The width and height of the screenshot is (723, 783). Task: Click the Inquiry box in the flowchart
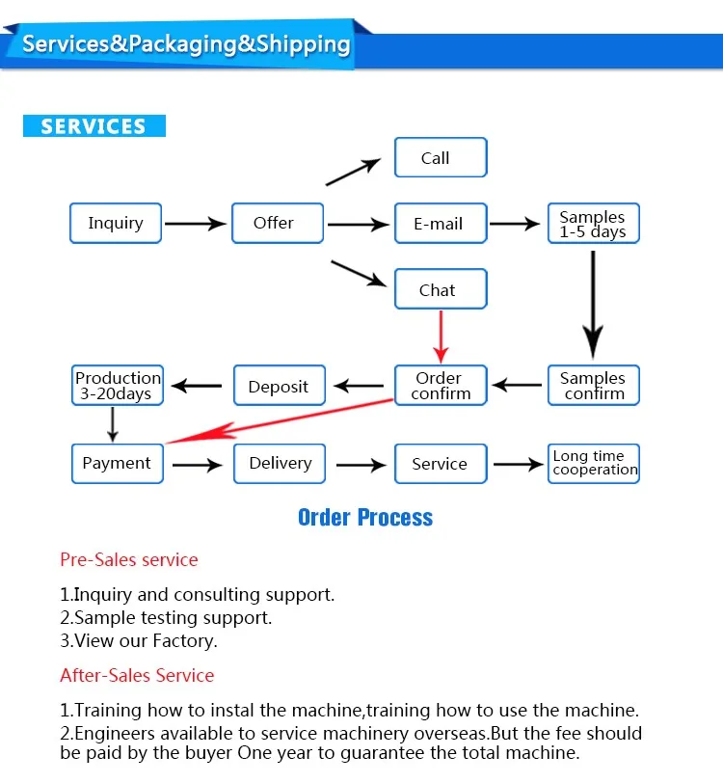[116, 223]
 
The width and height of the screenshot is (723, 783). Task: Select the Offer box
[278, 223]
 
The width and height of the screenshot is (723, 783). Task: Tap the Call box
[441, 157]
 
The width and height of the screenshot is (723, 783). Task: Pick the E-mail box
[441, 223]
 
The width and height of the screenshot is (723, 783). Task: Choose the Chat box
[441, 289]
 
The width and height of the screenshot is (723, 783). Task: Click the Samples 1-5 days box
[594, 223]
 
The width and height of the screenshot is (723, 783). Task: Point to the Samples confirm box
[594, 385]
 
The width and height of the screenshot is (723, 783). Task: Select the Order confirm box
[441, 385]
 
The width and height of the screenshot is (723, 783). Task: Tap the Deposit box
[280, 385]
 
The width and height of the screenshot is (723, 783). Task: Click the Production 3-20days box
[118, 385]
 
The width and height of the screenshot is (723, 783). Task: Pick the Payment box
[118, 464]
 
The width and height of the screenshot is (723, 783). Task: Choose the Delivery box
[280, 464]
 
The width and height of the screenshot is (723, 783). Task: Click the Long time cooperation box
[594, 464]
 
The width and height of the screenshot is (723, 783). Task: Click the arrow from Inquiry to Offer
[196, 224]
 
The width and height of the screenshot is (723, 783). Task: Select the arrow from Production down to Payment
[113, 424]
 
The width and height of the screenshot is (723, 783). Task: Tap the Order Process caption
[365, 517]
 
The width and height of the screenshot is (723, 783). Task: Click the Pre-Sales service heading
[129, 560]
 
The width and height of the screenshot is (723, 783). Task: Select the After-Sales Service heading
[137, 676]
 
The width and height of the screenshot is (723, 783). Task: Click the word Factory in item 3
[185, 641]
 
